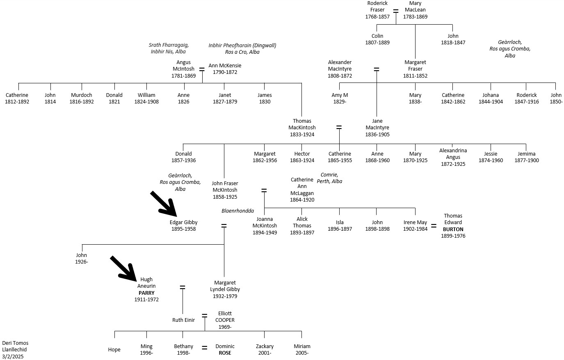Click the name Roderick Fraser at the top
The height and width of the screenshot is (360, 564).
[377, 7]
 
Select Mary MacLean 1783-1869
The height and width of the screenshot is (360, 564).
[415, 10]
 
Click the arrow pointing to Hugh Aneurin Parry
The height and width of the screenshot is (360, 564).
[123, 269]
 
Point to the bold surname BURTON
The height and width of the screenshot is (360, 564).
[453, 229]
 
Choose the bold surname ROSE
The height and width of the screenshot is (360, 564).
[225, 353]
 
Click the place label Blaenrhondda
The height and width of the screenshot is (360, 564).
[237, 211]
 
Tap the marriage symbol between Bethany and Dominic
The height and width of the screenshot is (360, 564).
[204, 348]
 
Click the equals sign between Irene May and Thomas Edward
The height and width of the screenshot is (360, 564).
[434, 225]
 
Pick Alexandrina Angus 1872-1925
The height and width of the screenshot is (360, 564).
[453, 157]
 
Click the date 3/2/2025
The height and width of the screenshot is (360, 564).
[13, 357]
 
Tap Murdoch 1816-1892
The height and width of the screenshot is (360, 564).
[82, 98]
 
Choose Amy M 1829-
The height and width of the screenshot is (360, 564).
[340, 98]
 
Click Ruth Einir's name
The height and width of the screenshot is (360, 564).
[183, 320]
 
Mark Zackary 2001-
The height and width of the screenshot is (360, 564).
[265, 349]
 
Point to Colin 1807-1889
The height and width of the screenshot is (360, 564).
[377, 39]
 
